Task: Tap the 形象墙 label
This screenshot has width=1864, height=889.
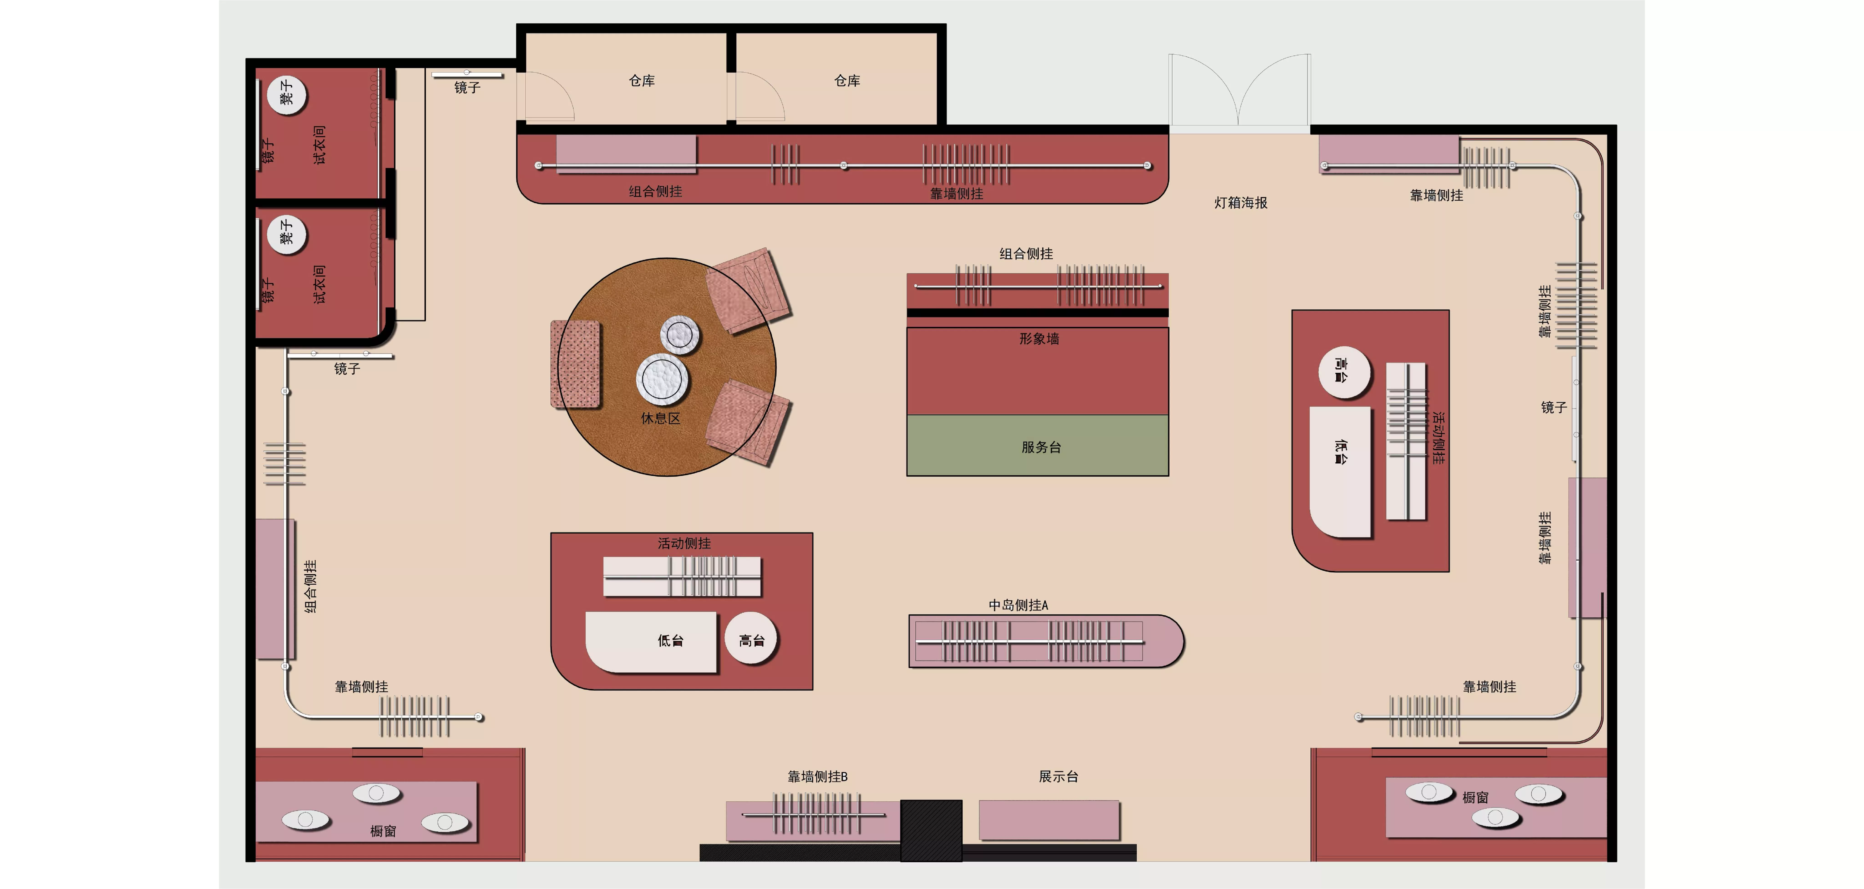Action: (x=1039, y=338)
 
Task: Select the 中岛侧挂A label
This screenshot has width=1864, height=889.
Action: (x=1018, y=605)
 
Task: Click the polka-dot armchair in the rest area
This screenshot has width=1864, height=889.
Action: (x=576, y=364)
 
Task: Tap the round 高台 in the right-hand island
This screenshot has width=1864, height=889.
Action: (x=1344, y=372)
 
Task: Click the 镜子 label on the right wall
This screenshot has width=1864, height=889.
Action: (x=1554, y=407)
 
